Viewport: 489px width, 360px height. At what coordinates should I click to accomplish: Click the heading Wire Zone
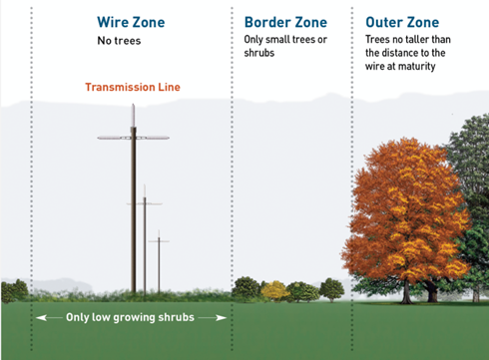pos(132,21)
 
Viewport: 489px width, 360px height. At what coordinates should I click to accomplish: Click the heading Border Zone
pos(286,21)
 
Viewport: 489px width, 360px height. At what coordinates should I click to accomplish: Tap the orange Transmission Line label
pos(132,88)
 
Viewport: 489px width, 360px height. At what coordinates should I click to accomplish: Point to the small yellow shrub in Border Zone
pos(272,291)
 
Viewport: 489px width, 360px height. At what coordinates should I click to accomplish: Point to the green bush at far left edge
pos(14,291)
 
